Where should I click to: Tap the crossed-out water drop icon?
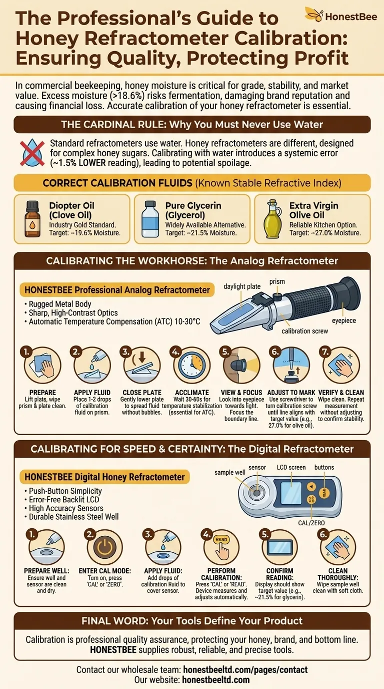point(32,153)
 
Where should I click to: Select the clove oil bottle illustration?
point(32,219)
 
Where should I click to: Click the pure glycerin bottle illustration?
point(150,219)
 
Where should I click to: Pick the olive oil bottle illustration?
point(272,219)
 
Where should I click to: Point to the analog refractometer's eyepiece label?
point(344,320)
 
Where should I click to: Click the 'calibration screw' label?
point(304,331)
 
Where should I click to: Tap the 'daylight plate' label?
point(242,286)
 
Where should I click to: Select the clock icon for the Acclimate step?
point(191,366)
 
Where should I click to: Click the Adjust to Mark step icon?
point(291,366)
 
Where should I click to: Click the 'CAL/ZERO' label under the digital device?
point(311,523)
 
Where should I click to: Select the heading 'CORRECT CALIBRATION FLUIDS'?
point(117,183)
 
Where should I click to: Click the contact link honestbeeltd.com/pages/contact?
point(245,669)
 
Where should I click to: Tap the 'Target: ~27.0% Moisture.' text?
point(325,233)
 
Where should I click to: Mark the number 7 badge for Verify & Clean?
point(325,352)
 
